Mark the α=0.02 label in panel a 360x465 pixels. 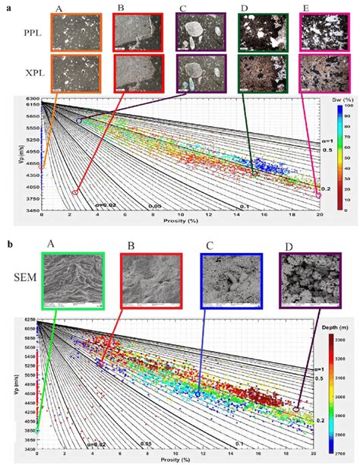pyautogui.click(x=106, y=204)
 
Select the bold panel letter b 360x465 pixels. pyautogui.click(x=8, y=244)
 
